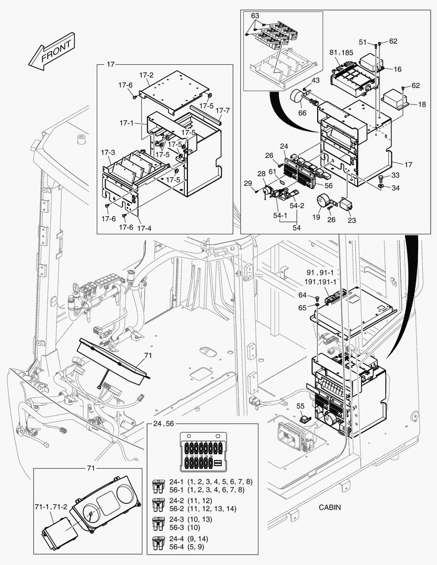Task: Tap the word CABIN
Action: pos(330,507)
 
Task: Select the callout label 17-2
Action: pos(146,75)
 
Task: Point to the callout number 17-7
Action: pos(222,111)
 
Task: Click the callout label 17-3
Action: pos(108,152)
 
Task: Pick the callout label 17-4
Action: pos(145,228)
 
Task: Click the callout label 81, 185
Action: pos(341,52)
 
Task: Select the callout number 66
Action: pos(302,114)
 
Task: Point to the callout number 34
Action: pos(395,187)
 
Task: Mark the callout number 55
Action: pos(300,405)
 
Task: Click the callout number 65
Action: pos(302,308)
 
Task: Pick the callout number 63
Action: pos(255,16)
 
